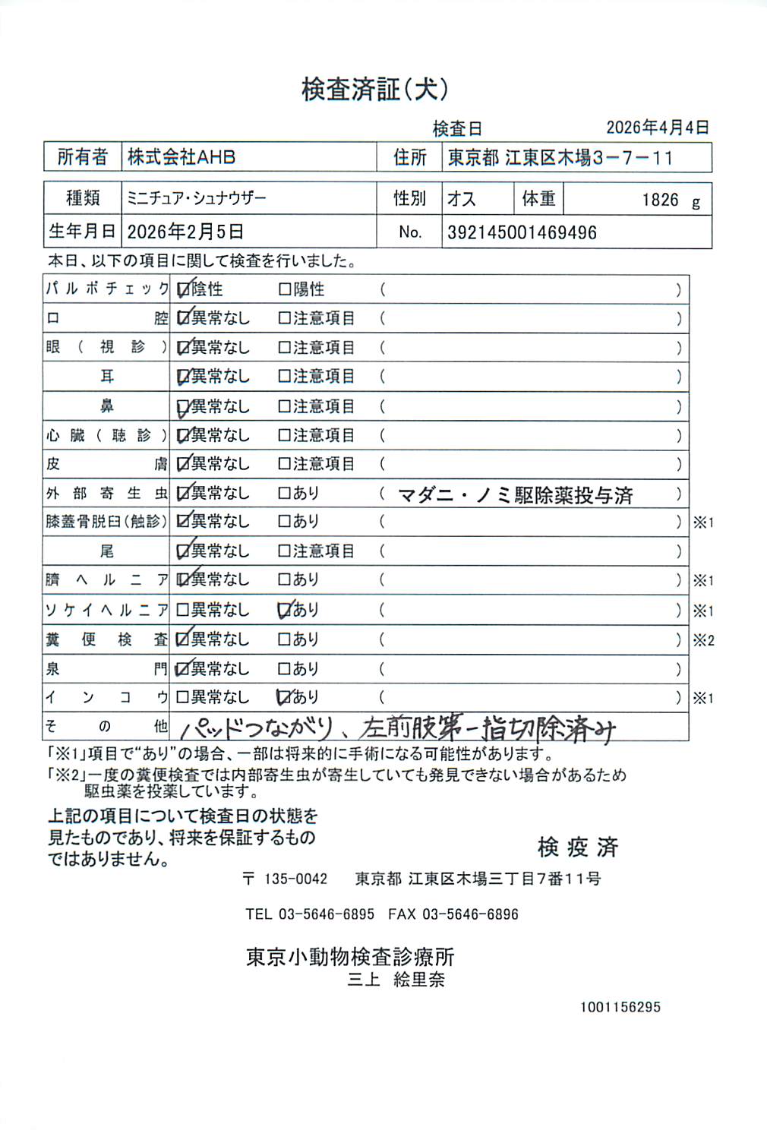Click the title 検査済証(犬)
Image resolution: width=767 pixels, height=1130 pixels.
[375, 90]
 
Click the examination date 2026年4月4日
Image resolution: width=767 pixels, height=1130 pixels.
[657, 128]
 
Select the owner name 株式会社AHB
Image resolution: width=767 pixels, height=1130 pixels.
[181, 157]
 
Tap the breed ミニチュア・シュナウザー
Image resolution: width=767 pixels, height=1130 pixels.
[197, 198]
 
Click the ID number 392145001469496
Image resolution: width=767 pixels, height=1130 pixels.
[522, 232]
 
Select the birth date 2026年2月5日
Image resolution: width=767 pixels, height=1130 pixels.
[185, 232]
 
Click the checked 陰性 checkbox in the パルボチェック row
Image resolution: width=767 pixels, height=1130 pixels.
[183, 289]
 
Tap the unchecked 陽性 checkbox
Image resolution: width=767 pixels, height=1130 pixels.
[285, 289]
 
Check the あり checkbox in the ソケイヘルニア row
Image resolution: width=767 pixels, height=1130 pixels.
[285, 610]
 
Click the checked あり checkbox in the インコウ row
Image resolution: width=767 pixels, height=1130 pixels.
[285, 697]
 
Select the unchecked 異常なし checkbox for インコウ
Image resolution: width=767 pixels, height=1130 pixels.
[183, 697]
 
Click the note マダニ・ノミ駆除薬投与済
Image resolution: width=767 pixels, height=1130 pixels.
[516, 495]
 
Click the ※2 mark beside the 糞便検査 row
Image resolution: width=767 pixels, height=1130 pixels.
[703, 640]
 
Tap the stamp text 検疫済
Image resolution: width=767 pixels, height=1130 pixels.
[578, 847]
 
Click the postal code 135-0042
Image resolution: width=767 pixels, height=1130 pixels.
[295, 879]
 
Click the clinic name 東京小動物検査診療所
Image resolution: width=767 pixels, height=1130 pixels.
[350, 957]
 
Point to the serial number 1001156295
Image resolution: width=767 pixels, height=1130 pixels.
[620, 1007]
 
